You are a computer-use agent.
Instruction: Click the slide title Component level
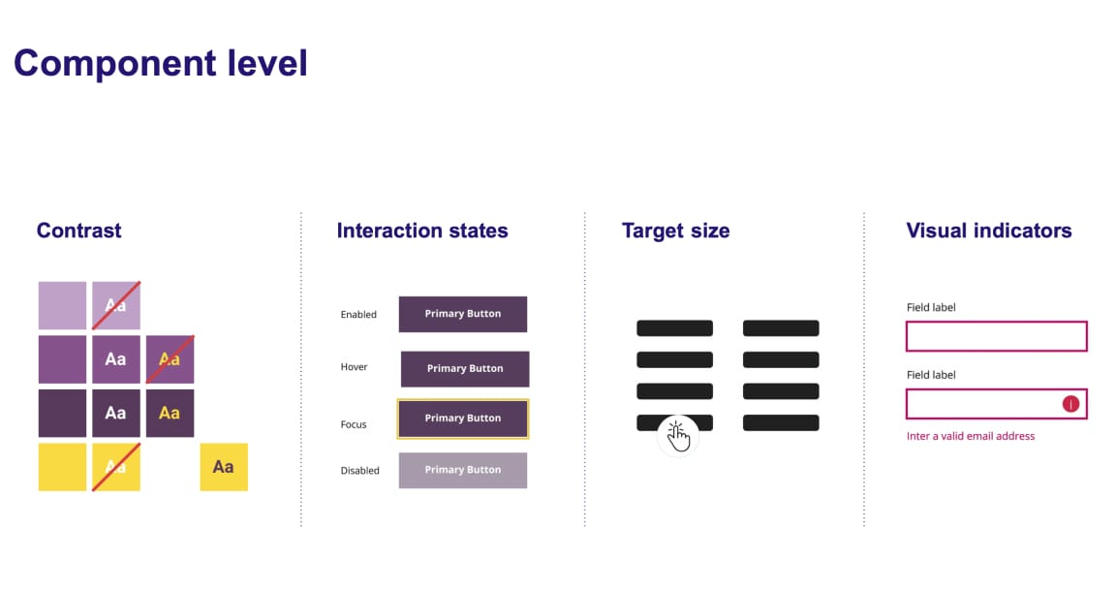point(161,64)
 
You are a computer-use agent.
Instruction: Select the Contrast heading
point(78,231)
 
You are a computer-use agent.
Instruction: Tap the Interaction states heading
point(422,231)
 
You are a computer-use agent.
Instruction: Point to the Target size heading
point(675,231)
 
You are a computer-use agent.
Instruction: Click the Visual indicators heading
point(988,231)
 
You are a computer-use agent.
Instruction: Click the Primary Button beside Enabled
point(463,314)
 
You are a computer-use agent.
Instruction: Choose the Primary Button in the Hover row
point(465,369)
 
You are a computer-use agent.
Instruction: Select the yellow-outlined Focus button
point(463,418)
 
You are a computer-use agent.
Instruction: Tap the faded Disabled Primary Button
point(463,470)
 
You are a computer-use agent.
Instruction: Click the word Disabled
point(359,471)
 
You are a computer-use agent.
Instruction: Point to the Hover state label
point(354,368)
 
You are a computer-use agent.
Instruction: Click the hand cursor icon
point(678,436)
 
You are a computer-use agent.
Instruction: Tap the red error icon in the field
point(1070,404)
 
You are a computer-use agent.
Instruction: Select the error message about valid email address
point(970,436)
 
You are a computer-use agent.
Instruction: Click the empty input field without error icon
point(996,336)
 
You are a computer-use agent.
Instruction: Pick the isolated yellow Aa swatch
point(224,467)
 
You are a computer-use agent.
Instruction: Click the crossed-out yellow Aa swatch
point(116,467)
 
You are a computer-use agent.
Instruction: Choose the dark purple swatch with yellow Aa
point(170,413)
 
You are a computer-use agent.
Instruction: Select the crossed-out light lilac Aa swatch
point(116,305)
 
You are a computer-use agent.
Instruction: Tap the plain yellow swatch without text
point(62,467)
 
